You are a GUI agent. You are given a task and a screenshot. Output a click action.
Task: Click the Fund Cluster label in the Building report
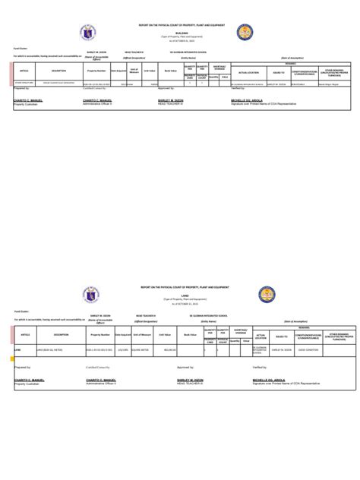coord(20,49)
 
